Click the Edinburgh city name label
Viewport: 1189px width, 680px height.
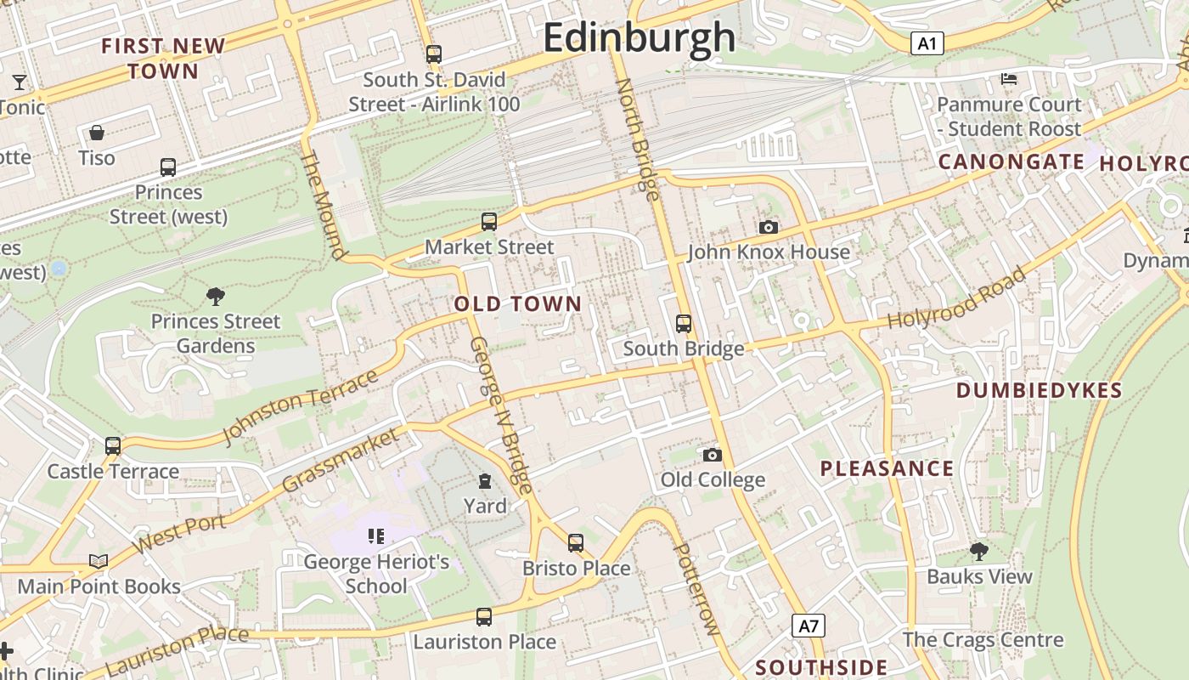pos(639,38)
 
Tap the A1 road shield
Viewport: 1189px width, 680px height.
pos(927,43)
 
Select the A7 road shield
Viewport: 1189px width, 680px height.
pos(809,626)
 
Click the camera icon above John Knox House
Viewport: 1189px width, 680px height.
pos(768,227)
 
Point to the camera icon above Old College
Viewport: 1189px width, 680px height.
pos(713,455)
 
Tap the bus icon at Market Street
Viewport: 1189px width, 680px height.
pos(488,222)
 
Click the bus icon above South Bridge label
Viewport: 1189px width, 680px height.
pos(684,323)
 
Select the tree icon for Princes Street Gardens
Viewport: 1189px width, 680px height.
pos(216,296)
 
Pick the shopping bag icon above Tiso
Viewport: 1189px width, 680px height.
pos(97,133)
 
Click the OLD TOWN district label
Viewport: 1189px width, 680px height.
pos(518,303)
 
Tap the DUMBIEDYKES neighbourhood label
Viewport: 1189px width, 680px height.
pos(1039,390)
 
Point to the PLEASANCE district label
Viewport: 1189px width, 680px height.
pos(887,468)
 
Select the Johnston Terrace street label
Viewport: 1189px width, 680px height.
pos(299,406)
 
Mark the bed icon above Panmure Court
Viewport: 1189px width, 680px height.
pos(1008,79)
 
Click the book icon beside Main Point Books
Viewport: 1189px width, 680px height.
pos(99,561)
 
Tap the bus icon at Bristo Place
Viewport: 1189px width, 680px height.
pos(576,542)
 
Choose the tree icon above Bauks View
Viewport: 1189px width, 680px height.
pos(978,551)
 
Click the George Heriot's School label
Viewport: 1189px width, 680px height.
pos(376,574)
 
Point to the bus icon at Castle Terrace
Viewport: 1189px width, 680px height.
pos(112,445)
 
